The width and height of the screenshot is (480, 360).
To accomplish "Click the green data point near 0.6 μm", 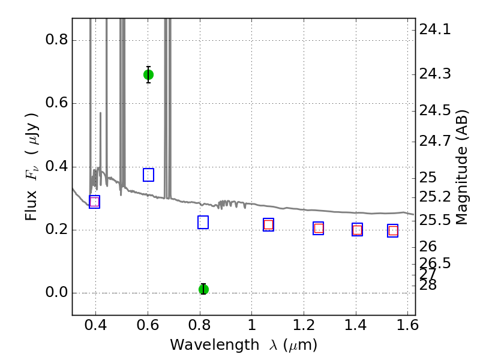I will pos(148,74).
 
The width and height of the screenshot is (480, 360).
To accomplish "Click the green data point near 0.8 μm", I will pos(203,289).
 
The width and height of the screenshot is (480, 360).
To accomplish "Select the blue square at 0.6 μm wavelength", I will pos(148,175).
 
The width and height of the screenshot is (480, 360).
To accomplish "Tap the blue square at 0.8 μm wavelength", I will pos(203,222).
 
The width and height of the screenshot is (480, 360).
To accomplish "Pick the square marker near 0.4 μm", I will pos(94,202).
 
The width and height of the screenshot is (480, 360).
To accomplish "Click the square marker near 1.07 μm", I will pos(268,224).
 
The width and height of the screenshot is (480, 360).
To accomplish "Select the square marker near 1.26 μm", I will pos(319,228).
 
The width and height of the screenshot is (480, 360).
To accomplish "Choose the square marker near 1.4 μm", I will pos(357,229).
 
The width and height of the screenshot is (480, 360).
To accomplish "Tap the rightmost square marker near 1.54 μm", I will pos(393,231).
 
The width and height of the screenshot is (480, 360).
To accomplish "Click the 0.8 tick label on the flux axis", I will pos(56,40).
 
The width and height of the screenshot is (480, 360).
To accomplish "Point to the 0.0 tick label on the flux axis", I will pos(56,293).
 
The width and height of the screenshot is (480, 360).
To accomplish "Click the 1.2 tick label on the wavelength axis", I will pos(304,327).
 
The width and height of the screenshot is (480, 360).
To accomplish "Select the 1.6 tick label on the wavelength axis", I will pos(407,327).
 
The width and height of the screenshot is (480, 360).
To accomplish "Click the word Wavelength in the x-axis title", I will pos(206,345).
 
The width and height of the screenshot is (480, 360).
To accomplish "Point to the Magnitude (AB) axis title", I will pos(461,167).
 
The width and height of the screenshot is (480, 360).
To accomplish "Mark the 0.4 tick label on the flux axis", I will pos(56,167).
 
